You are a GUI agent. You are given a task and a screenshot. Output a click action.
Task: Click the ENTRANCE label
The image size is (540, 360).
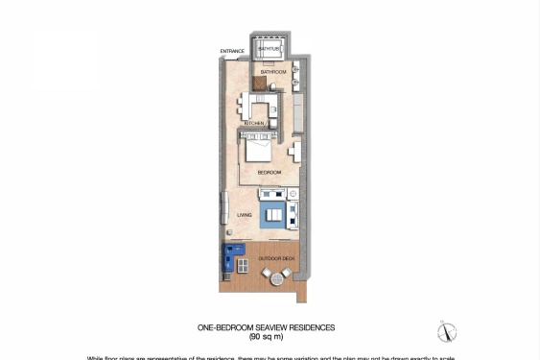[232, 51]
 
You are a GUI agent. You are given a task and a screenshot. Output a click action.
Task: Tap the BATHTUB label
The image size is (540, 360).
[269, 48]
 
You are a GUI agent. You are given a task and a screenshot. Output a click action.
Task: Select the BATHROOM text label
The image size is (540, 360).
[273, 72]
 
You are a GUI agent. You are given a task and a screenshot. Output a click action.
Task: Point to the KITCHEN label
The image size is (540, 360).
[254, 124]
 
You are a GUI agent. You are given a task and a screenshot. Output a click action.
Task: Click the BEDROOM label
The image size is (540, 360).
[270, 172]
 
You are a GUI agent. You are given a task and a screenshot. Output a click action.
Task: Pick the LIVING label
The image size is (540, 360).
[245, 215]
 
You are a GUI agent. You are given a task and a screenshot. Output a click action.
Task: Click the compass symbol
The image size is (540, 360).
[446, 332]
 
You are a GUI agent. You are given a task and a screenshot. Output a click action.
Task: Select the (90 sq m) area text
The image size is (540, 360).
[266, 337]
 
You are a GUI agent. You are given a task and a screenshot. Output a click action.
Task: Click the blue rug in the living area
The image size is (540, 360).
[272, 213]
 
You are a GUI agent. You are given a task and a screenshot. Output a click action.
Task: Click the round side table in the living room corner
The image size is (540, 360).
[293, 195]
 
